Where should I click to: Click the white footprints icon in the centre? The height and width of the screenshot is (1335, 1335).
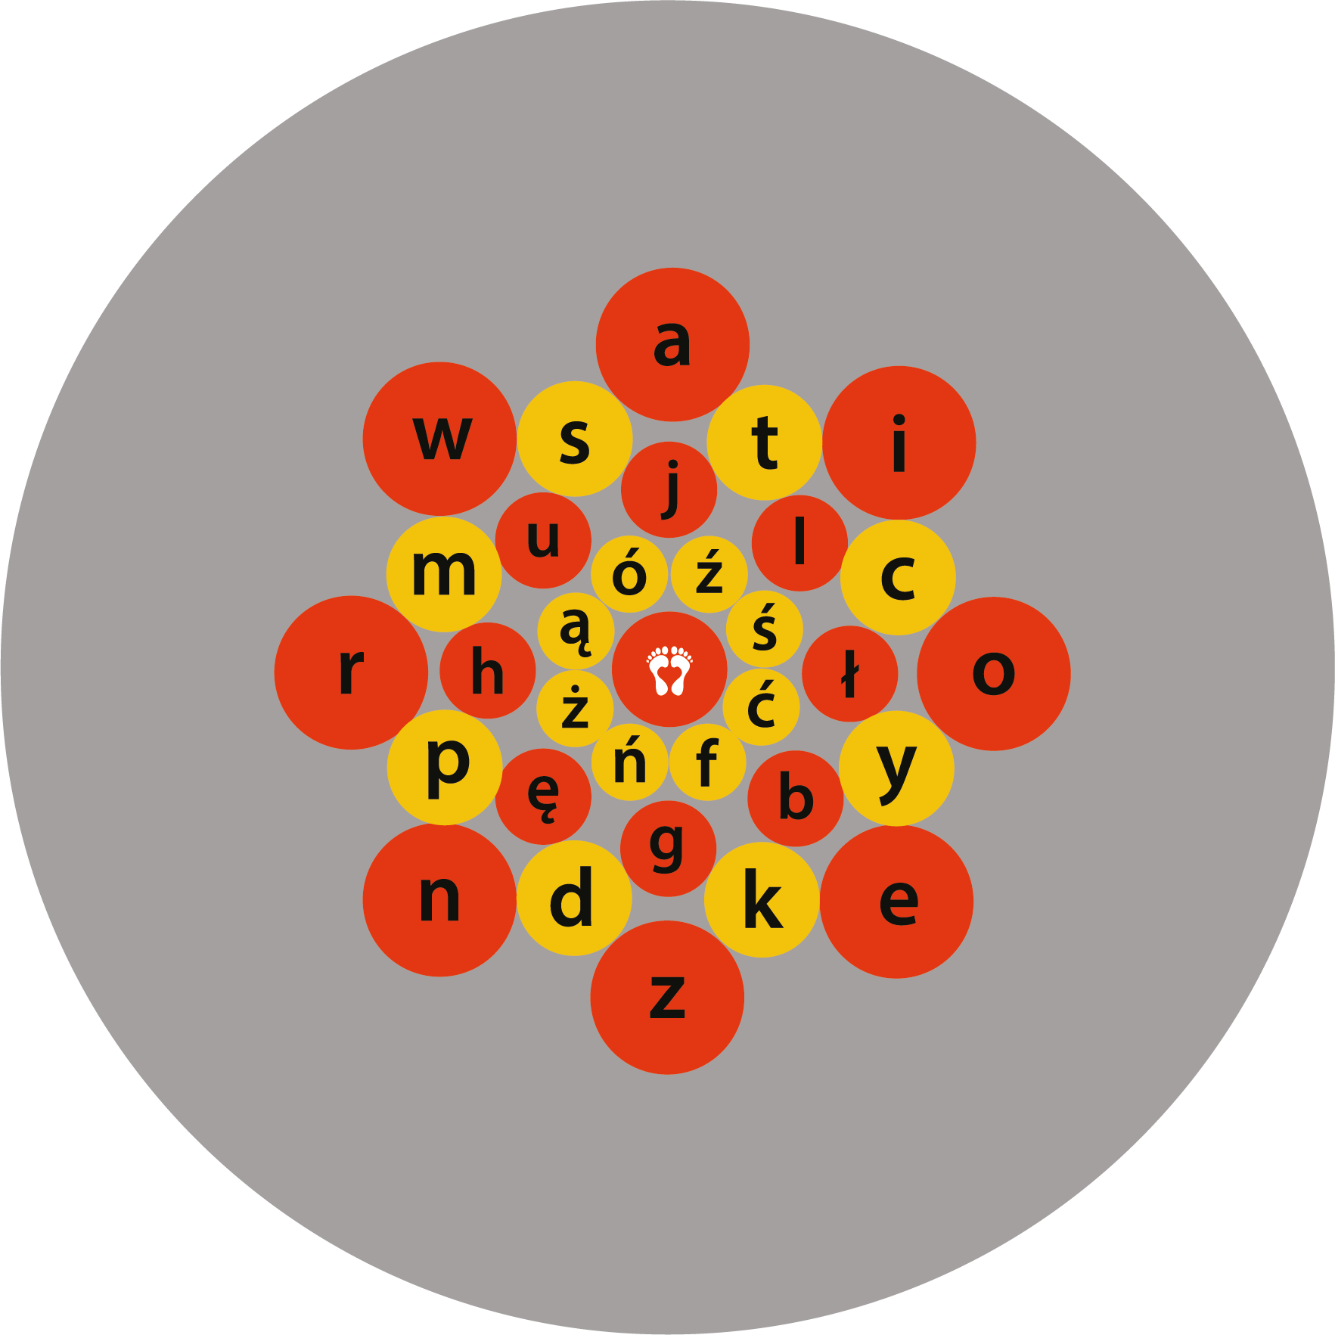pyautogui.click(x=669, y=670)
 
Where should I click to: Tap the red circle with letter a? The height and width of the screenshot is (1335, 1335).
pyautogui.click(x=672, y=344)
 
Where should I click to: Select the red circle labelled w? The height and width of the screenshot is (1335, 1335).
pyautogui.click(x=439, y=439)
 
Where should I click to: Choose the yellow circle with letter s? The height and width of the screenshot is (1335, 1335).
pyautogui.click(x=575, y=439)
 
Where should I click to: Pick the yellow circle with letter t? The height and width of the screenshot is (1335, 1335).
pyautogui.click(x=764, y=442)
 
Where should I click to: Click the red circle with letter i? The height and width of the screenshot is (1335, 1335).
pyautogui.click(x=899, y=443)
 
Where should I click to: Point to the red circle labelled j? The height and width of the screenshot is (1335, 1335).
pyautogui.click(x=669, y=489)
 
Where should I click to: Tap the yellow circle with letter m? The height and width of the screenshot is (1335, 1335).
pyautogui.click(x=444, y=574)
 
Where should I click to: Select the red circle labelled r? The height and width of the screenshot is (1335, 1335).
pyautogui.click(x=351, y=672)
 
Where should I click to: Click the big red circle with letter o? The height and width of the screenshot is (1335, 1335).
pyautogui.click(x=994, y=673)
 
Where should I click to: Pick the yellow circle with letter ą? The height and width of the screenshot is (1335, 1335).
pyautogui.click(x=576, y=630)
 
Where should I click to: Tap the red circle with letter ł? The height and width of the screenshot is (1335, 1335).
pyautogui.click(x=850, y=673)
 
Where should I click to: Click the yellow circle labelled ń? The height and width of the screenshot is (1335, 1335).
pyautogui.click(x=629, y=762)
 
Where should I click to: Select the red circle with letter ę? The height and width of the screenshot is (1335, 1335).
pyautogui.click(x=543, y=796)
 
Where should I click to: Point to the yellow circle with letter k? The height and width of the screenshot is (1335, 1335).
pyautogui.click(x=762, y=900)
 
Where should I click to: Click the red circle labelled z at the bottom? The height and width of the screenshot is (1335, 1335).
pyautogui.click(x=667, y=997)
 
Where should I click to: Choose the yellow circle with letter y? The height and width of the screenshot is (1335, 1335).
pyautogui.click(x=897, y=768)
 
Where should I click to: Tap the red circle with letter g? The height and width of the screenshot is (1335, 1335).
pyautogui.click(x=668, y=848)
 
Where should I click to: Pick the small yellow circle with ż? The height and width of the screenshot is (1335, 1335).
pyautogui.click(x=575, y=709)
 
